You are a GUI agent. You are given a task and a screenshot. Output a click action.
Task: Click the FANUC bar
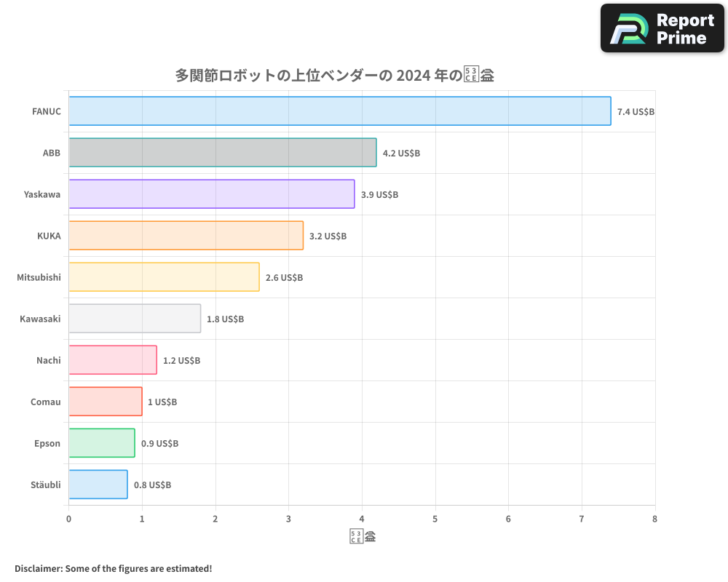click(x=340, y=111)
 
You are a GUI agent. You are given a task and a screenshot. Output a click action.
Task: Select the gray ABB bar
click(x=223, y=153)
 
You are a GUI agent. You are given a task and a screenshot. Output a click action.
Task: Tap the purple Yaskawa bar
click(x=212, y=194)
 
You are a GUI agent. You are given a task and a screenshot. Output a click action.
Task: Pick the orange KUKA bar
click(x=186, y=236)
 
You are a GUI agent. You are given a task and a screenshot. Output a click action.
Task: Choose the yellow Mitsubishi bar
click(x=164, y=277)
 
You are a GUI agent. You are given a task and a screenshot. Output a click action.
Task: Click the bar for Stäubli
click(x=98, y=485)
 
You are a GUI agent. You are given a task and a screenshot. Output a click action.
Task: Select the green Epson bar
click(x=102, y=443)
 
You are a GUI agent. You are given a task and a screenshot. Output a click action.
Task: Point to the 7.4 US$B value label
click(x=636, y=112)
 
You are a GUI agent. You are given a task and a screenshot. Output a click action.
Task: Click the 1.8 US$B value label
click(x=225, y=319)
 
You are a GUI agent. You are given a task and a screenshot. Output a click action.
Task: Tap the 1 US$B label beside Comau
click(x=162, y=402)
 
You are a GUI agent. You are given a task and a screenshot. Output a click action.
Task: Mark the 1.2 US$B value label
click(x=181, y=361)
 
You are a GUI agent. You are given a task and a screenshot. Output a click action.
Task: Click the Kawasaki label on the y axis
click(x=40, y=319)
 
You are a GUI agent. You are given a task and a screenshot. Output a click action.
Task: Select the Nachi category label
click(x=48, y=360)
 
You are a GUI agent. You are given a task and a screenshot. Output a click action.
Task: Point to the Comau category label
click(x=46, y=402)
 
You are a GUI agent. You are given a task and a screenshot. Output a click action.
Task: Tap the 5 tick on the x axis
click(x=435, y=519)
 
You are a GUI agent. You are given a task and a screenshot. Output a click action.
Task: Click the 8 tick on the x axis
click(x=654, y=519)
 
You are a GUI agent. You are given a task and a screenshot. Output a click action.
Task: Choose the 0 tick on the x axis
click(x=68, y=519)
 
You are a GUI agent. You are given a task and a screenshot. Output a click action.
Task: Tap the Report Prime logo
click(x=662, y=28)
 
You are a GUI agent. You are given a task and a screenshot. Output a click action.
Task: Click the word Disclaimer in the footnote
click(x=38, y=568)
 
